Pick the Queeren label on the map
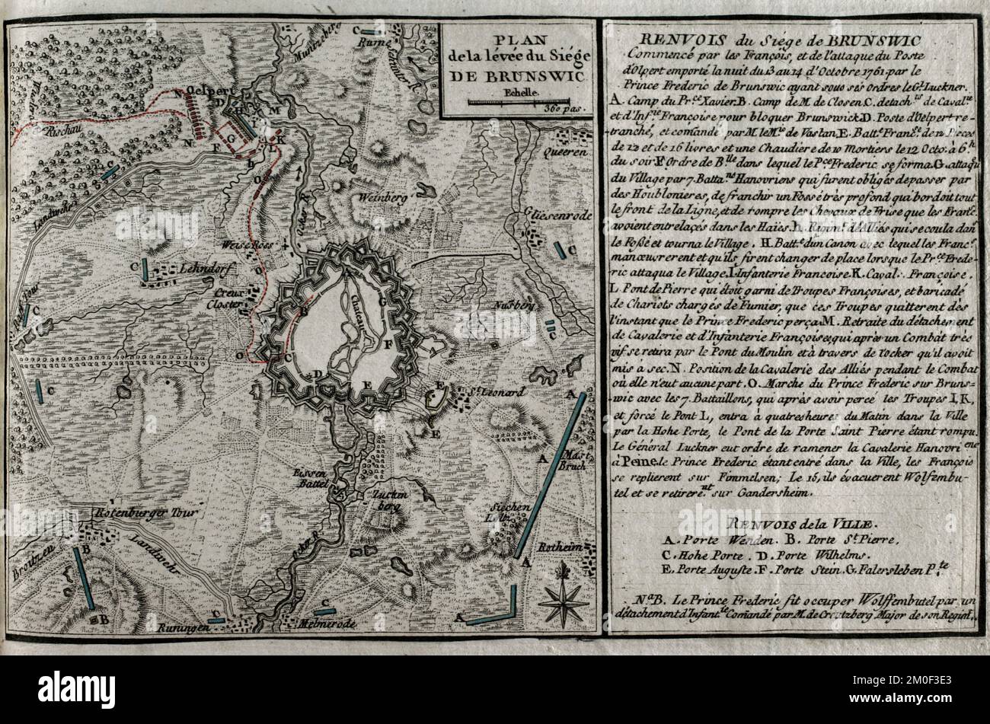point(565,152)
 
